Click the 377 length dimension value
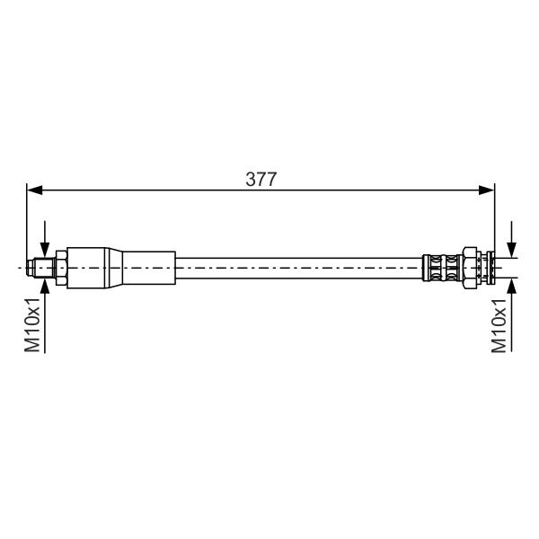261,180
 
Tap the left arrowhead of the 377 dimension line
34,190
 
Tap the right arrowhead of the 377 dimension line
487,190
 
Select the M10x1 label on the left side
33,325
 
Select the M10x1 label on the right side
499,325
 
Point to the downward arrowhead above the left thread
45,249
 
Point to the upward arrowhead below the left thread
45,287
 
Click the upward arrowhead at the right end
512,286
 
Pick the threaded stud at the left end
44,268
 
